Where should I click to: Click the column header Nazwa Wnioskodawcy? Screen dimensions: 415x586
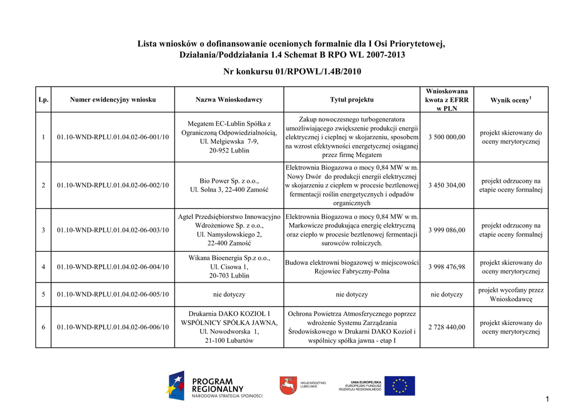(229, 100)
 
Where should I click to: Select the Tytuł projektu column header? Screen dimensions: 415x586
(351, 100)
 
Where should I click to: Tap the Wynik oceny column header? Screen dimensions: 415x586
(510, 100)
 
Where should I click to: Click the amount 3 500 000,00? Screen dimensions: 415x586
(446, 137)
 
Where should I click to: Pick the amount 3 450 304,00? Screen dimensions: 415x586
(446, 185)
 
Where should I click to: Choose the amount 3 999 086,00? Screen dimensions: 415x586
(446, 230)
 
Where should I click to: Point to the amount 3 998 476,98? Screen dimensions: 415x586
(446, 267)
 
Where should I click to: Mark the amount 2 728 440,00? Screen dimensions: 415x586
(446, 327)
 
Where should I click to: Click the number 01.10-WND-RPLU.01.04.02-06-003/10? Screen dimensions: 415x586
(113, 230)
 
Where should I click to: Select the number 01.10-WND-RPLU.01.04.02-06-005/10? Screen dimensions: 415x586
(113, 295)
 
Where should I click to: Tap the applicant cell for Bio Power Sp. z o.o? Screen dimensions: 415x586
(229, 185)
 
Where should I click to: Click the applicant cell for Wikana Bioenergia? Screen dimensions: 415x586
(229, 267)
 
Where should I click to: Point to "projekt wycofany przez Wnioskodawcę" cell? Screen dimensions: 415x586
(510, 295)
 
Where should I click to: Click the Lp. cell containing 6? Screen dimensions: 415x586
(43, 327)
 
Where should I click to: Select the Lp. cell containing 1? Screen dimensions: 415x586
(43, 137)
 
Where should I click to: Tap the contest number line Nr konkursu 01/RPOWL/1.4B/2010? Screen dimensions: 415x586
(292, 72)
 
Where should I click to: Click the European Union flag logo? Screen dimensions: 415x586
(399, 386)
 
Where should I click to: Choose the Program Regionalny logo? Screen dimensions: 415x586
(215, 386)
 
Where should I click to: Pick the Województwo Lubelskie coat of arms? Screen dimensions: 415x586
(288, 386)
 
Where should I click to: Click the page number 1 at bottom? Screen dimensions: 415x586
(547, 400)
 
